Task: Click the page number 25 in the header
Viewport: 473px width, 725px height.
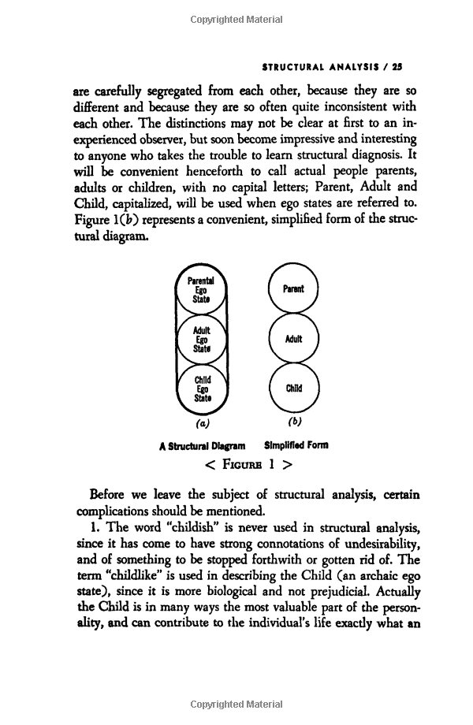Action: [x=398, y=67]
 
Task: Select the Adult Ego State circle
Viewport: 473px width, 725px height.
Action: [x=202, y=340]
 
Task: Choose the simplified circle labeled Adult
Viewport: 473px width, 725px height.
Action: [x=293, y=339]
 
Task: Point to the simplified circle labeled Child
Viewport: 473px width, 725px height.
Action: [x=293, y=389]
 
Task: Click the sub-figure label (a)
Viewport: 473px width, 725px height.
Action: [x=202, y=422]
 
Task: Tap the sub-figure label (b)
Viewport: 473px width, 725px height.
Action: [x=293, y=422]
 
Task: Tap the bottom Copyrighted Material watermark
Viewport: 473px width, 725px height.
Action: [x=236, y=704]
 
